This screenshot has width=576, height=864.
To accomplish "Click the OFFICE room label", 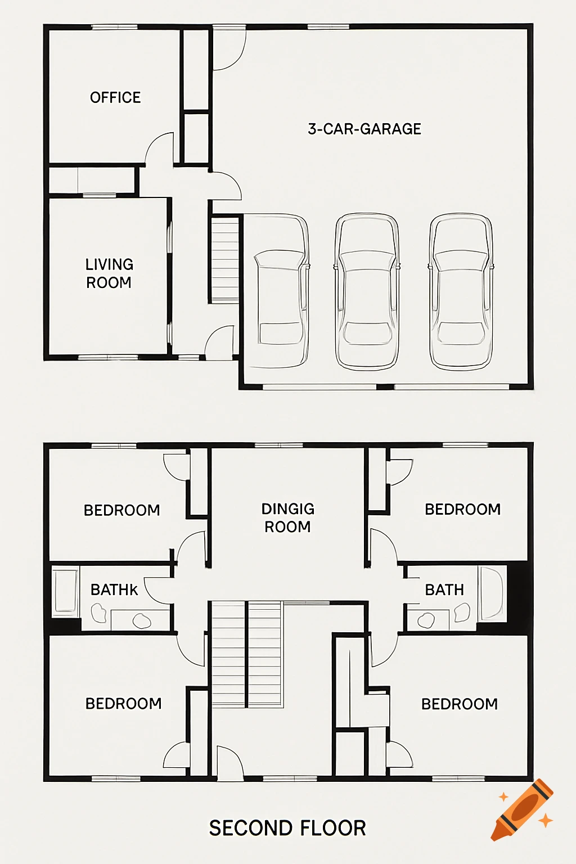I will [x=115, y=97].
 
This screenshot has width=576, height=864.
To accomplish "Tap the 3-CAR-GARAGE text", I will [x=364, y=129].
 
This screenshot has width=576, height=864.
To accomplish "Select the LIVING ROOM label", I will [x=109, y=273].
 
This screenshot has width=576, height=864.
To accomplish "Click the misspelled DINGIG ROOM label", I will [x=287, y=517].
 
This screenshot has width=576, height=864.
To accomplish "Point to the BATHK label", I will [x=114, y=589].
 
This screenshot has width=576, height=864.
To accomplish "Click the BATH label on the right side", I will [x=444, y=589].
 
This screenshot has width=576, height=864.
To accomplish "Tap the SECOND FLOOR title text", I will [x=287, y=828].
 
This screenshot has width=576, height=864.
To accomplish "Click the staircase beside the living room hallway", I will [x=225, y=260].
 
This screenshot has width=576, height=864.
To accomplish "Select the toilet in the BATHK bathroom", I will [x=99, y=613].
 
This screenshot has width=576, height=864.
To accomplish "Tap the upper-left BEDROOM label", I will [x=121, y=510].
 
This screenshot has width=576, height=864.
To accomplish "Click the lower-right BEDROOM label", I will [x=460, y=704].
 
